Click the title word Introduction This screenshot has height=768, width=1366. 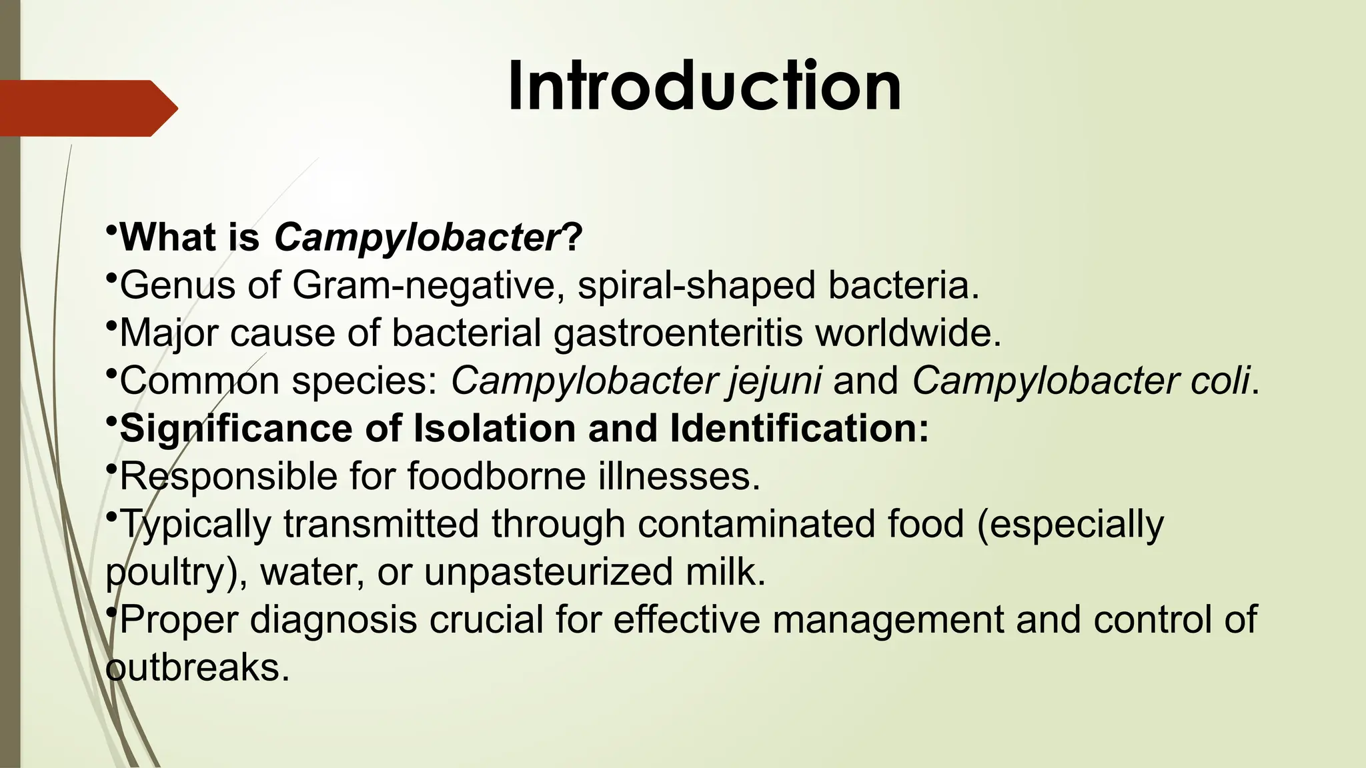click(704, 87)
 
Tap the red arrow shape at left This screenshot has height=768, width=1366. click(87, 108)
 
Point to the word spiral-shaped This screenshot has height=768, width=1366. click(696, 285)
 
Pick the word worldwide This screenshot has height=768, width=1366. click(908, 333)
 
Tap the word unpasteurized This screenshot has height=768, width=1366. click(548, 572)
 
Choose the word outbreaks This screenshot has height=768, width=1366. click(198, 667)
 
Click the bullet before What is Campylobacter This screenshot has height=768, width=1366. click(111, 231)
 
